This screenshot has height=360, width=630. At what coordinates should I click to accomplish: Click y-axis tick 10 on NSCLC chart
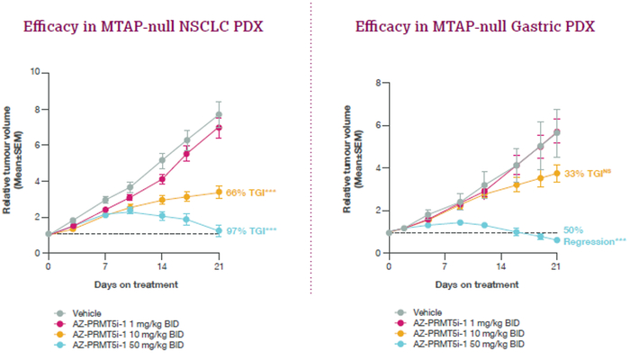coord(35,70)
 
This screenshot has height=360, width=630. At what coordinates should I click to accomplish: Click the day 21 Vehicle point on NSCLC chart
coord(219,114)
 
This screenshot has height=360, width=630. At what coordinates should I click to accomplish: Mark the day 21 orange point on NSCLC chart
coord(219,192)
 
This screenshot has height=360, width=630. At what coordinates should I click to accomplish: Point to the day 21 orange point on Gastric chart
coord(556,173)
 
